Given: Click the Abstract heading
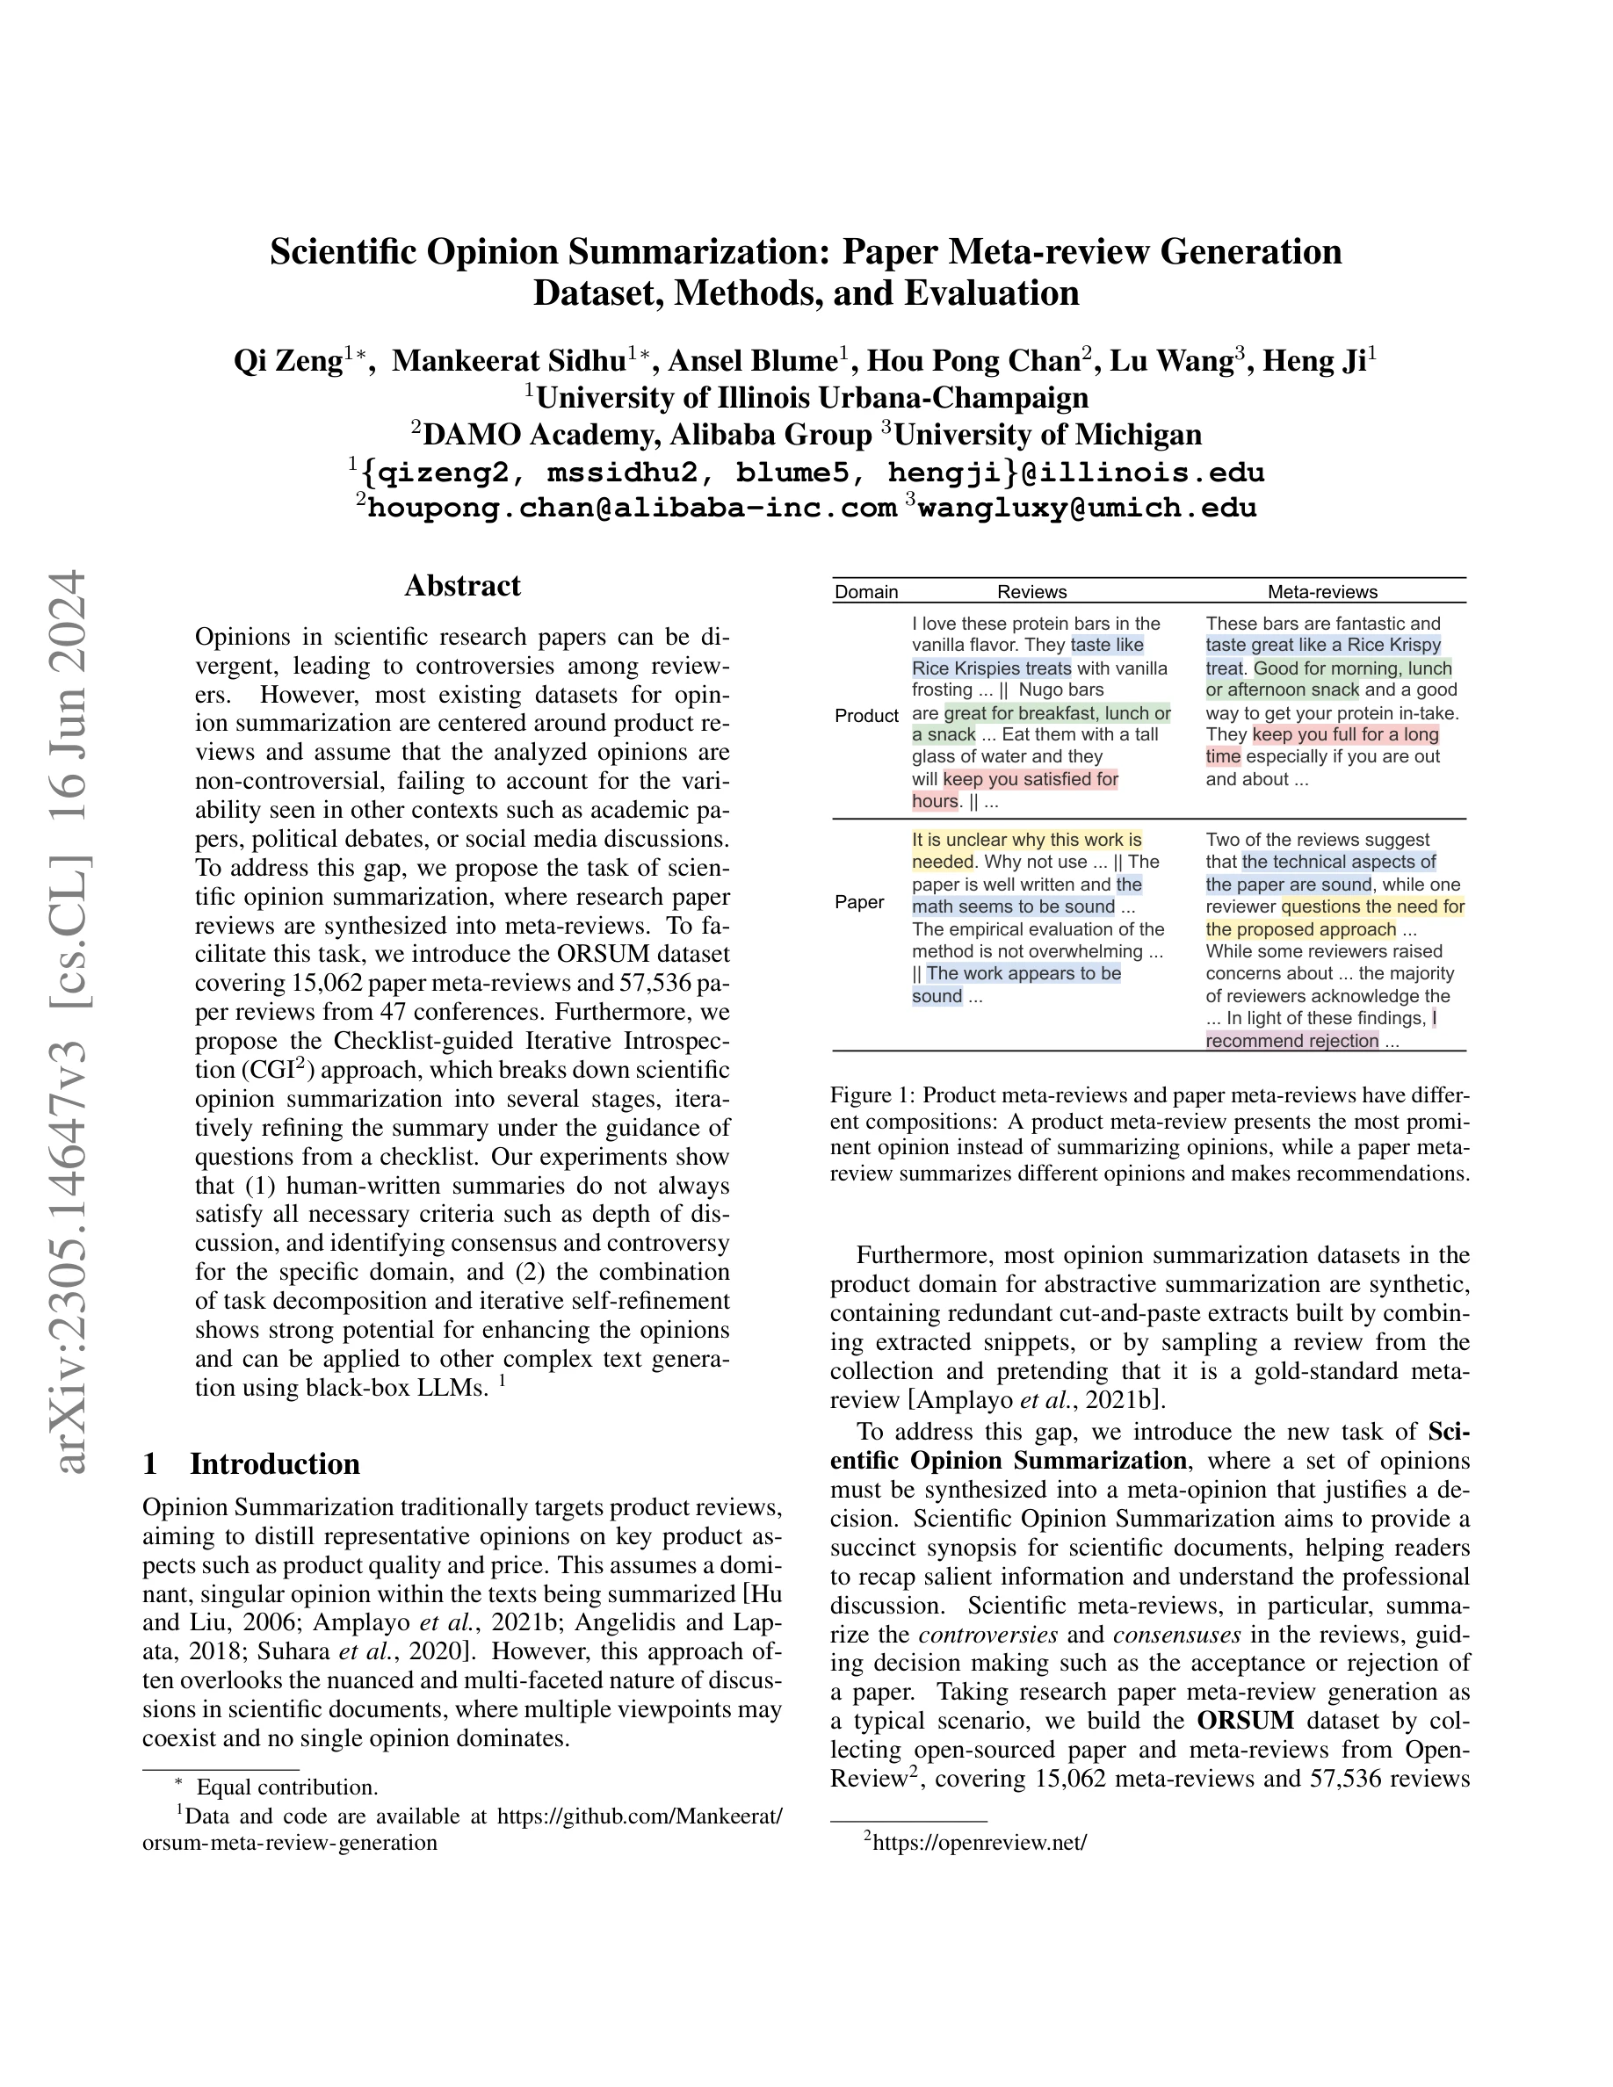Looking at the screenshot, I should pyautogui.click(x=462, y=586).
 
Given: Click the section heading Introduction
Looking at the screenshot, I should pyautogui.click(x=274, y=1464).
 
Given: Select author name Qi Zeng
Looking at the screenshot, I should pyautogui.click(x=287, y=361).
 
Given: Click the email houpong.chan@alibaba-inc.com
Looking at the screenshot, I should pyautogui.click(x=632, y=508).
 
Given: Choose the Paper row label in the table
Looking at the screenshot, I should pyautogui.click(x=859, y=902).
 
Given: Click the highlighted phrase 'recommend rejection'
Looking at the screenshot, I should pyautogui.click(x=1292, y=1041).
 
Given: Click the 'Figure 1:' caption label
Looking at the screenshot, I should pyautogui.click(x=872, y=1095).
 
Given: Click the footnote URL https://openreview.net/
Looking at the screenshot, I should pyautogui.click(x=980, y=1842).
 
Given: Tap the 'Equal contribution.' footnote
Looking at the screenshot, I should pyautogui.click(x=286, y=1787).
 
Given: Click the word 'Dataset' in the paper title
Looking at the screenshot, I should pyautogui.click(x=599, y=292).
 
